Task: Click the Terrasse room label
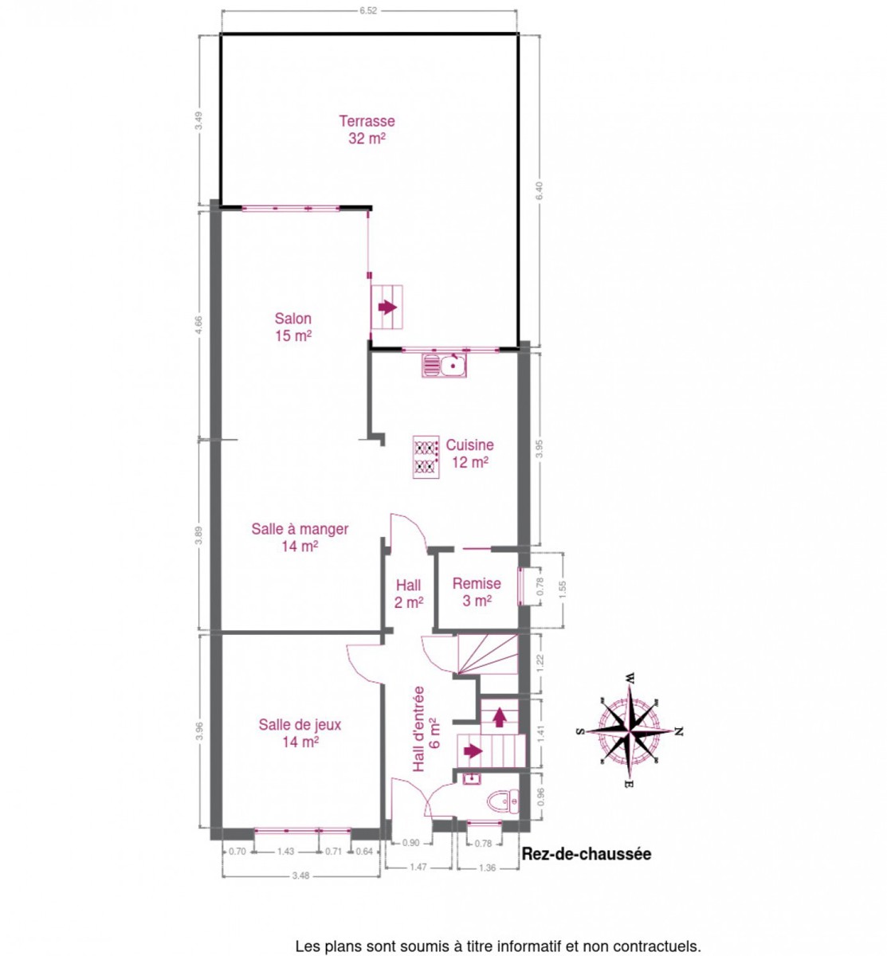point(367,130)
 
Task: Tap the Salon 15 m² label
point(293,327)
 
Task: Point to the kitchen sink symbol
point(444,366)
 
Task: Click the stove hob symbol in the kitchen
point(426,456)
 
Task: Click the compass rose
point(630,731)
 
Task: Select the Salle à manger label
point(300,538)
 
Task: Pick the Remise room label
point(477,592)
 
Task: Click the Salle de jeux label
point(300,733)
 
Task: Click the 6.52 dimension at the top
point(368,10)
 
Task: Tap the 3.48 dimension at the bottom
point(300,876)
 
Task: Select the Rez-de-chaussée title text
point(587,854)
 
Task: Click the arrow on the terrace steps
point(387,307)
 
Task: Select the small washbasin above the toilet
point(473,778)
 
